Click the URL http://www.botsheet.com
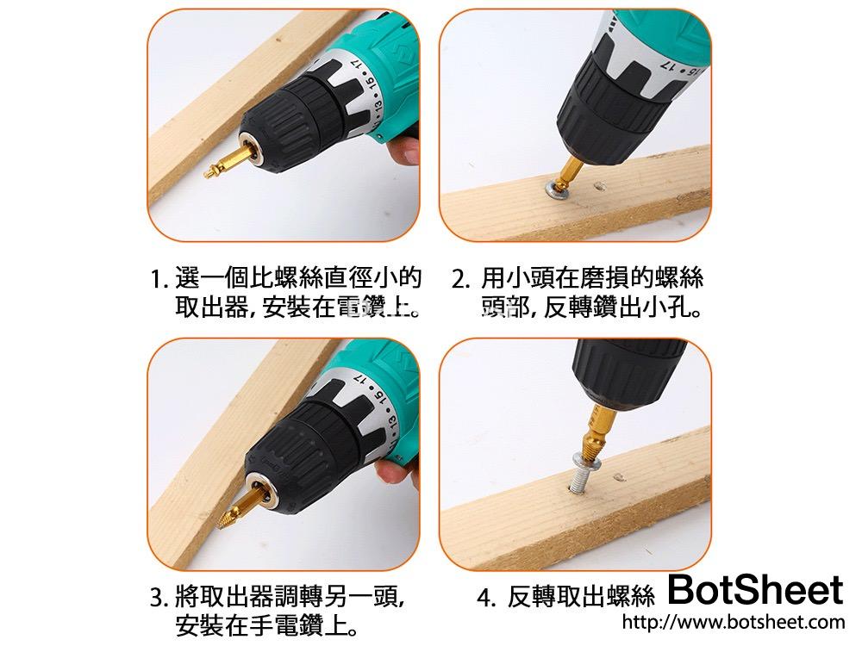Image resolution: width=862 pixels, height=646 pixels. coord(733,622)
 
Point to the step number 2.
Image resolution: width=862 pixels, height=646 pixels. coord(460,280)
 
